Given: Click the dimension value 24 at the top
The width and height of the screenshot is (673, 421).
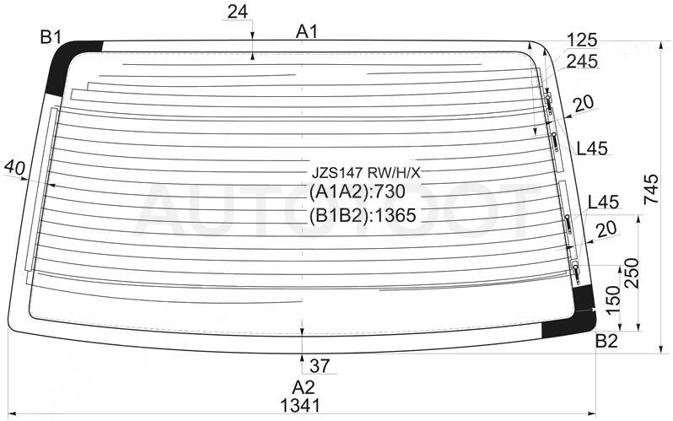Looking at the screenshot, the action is pos(237,12).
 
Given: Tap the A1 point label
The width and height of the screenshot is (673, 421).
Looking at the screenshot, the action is pos(306,31).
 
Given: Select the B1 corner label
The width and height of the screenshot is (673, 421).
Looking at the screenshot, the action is pos(51,37).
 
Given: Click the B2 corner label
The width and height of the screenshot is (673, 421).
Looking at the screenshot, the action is pos(606,341).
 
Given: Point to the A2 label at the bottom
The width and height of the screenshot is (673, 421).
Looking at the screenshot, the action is pos(304,387).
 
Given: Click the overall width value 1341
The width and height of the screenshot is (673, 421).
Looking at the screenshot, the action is pos(300,405).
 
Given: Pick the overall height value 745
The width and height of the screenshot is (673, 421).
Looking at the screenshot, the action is pos(651,189).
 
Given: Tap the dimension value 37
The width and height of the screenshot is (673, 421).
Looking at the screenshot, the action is pos(320,366).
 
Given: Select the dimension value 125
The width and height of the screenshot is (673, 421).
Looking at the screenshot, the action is pos(582,40).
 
